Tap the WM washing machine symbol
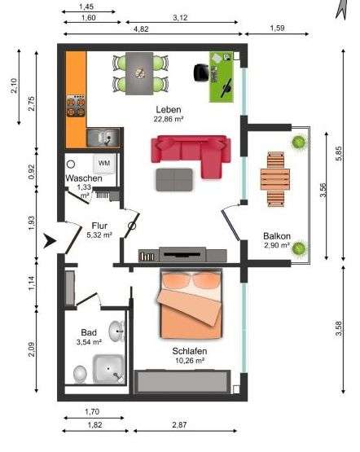(x=104, y=164)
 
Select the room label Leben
(x=169, y=110)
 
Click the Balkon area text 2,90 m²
(x=277, y=245)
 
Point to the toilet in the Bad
(x=80, y=374)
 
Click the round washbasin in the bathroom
(x=116, y=331)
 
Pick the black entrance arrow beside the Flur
(x=50, y=241)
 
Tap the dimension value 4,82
(x=141, y=29)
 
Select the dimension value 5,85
(x=339, y=155)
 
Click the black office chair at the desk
(x=201, y=72)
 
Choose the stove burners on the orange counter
(x=76, y=106)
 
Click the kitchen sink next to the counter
(x=103, y=138)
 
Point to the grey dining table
(x=139, y=73)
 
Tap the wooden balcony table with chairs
(x=275, y=179)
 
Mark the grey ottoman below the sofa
(x=174, y=180)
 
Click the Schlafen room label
(x=190, y=351)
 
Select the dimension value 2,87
(x=179, y=424)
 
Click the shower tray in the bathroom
(x=108, y=369)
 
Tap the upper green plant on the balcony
(x=299, y=142)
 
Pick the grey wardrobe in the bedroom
(x=182, y=382)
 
